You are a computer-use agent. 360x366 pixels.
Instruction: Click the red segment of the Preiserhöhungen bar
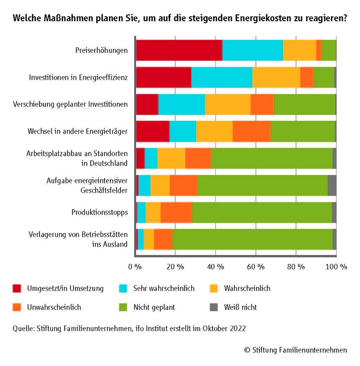point(179,50)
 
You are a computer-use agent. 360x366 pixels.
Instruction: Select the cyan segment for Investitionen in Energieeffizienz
point(221,77)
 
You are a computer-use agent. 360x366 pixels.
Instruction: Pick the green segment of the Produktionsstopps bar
point(261,212)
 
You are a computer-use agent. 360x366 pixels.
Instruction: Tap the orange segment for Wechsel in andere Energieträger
point(251,131)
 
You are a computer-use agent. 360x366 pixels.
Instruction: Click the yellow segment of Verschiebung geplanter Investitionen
point(227,104)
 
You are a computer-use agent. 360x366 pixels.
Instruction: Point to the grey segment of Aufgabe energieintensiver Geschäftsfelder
point(332,185)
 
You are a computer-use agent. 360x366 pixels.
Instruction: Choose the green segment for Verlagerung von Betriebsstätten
point(252,239)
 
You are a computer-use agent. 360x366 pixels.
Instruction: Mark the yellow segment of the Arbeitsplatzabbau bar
point(171,158)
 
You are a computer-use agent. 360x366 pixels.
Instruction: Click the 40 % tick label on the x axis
point(215,266)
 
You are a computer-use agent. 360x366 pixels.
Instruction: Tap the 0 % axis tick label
point(135,266)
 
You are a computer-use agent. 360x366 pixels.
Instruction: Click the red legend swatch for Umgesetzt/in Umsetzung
point(17,288)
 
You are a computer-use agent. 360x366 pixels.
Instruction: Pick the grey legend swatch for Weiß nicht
point(214,307)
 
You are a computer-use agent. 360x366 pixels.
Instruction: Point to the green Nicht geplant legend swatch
point(124,307)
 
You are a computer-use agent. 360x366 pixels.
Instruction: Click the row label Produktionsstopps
point(100,213)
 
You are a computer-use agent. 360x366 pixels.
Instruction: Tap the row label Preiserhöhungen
point(102,50)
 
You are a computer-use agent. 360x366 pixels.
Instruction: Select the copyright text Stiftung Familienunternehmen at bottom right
point(299,350)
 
